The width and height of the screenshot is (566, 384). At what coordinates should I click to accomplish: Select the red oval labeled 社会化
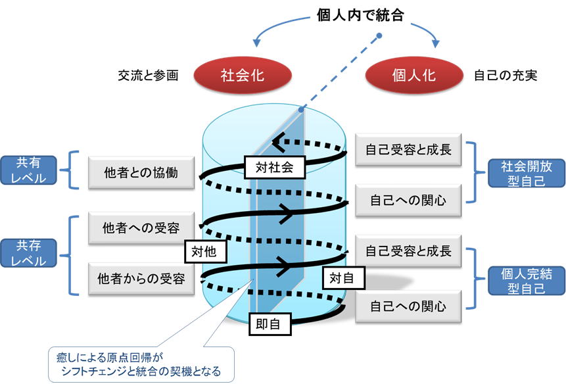click(x=241, y=75)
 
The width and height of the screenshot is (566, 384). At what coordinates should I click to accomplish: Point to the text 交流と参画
click(x=148, y=76)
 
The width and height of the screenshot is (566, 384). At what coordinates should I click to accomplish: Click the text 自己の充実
click(x=506, y=76)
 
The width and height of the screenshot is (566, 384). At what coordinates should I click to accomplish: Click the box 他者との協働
click(x=141, y=173)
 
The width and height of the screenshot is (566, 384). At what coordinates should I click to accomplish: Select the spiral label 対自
click(x=341, y=278)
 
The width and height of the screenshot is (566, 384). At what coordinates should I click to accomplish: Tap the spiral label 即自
click(x=268, y=324)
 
